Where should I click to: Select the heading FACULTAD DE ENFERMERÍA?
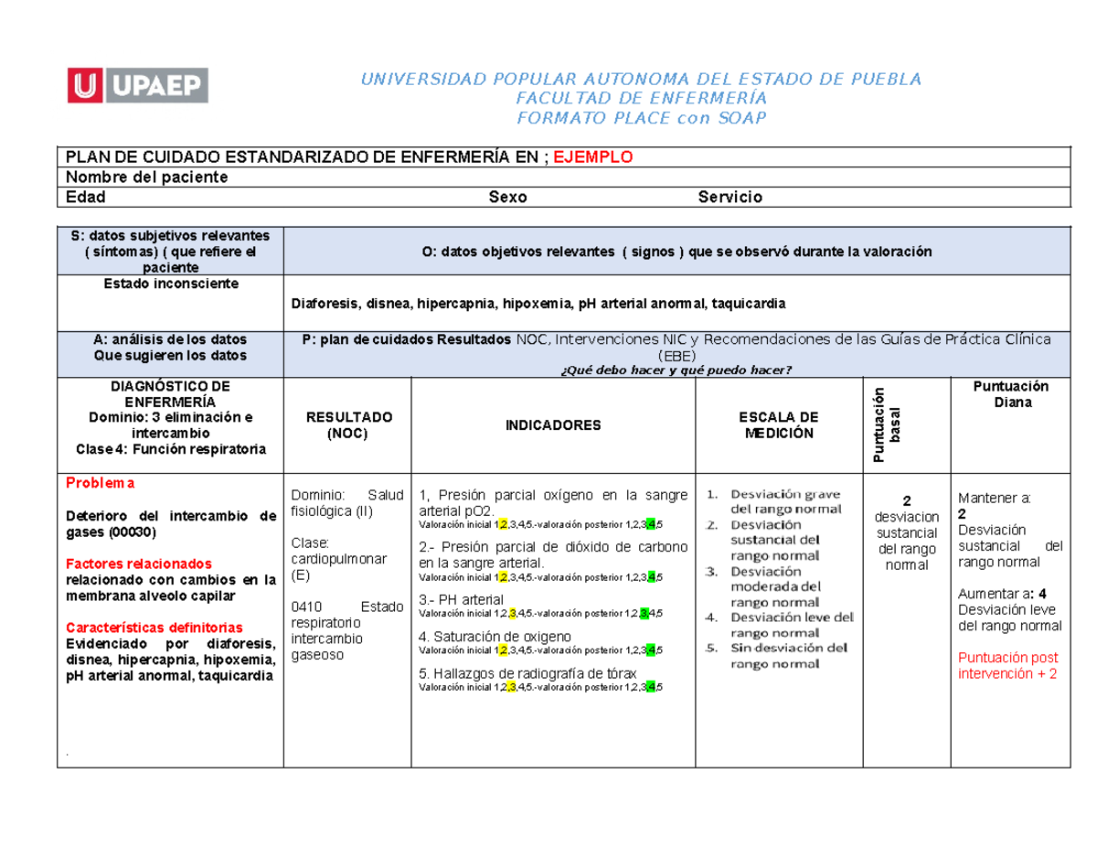point(641,99)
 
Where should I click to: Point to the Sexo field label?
point(507,198)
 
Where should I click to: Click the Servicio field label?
point(730,198)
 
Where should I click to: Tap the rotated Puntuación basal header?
point(887,425)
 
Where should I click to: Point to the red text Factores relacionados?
point(138,564)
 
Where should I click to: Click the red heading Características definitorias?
point(154,628)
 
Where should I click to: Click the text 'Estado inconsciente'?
point(170,284)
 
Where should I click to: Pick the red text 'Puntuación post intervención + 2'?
point(1007,665)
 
